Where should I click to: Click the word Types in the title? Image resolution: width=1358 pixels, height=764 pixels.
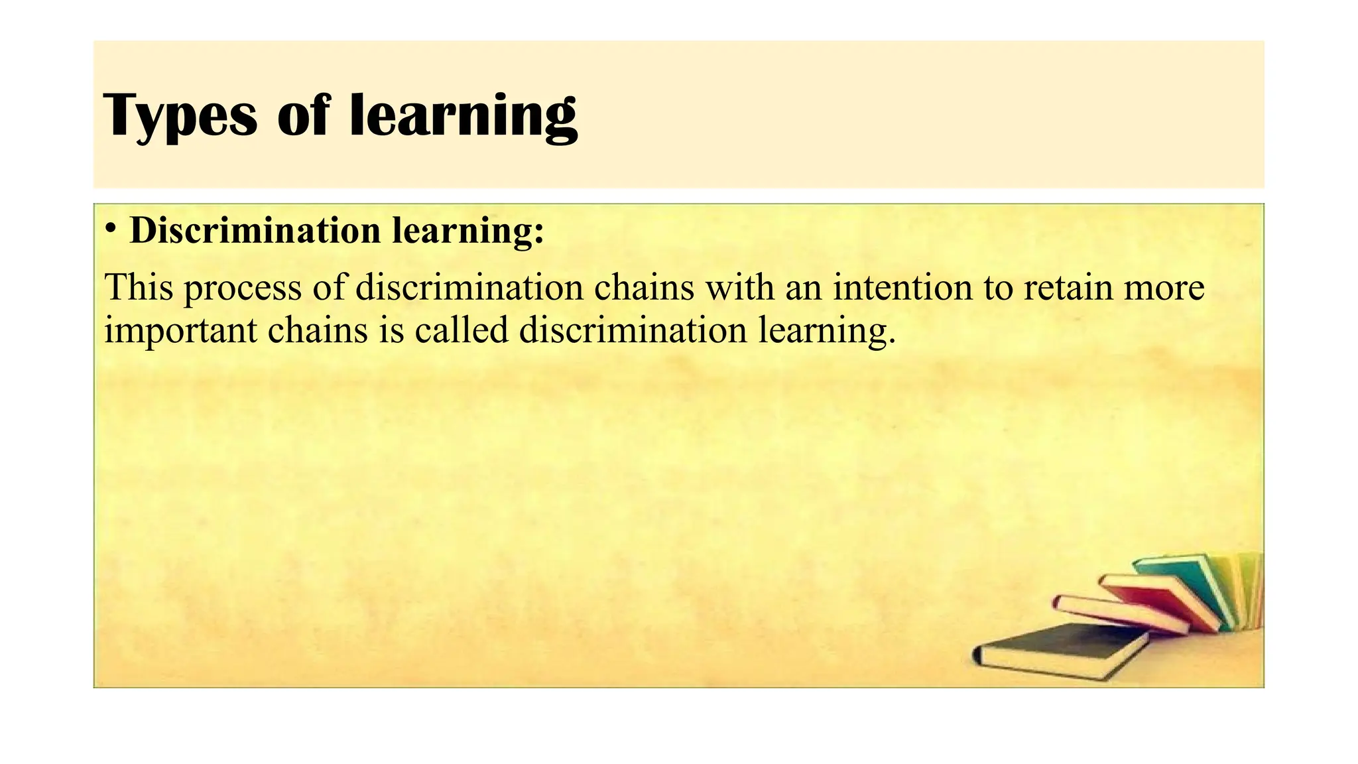click(180, 115)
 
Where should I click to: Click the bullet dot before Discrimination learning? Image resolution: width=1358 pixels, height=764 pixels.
click(111, 229)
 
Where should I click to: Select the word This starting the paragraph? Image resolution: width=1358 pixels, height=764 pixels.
click(139, 287)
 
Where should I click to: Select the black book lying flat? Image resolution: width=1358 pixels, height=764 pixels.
click(1061, 650)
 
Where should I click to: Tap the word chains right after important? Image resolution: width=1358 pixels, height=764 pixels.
click(318, 330)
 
